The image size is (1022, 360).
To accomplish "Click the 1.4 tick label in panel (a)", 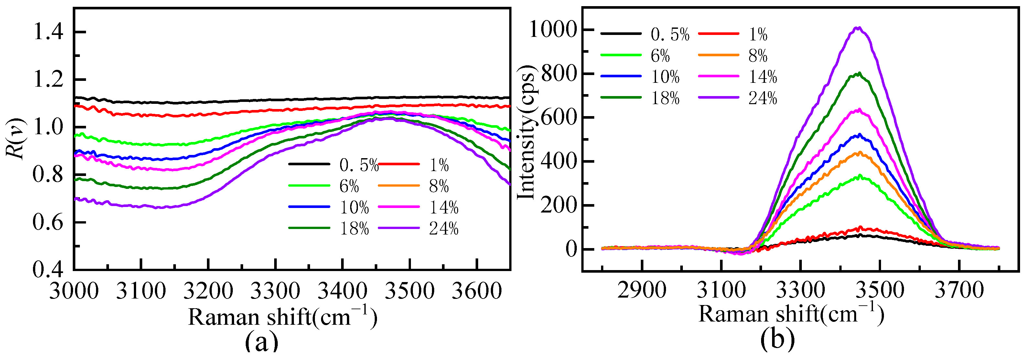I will tap(48, 32).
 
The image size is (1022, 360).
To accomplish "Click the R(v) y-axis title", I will tap(16, 138).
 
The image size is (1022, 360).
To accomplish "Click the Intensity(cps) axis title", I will tap(527, 133).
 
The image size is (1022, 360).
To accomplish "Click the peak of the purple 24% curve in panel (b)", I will tap(858, 28).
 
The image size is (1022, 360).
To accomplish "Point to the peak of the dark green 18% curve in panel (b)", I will tap(858, 73).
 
